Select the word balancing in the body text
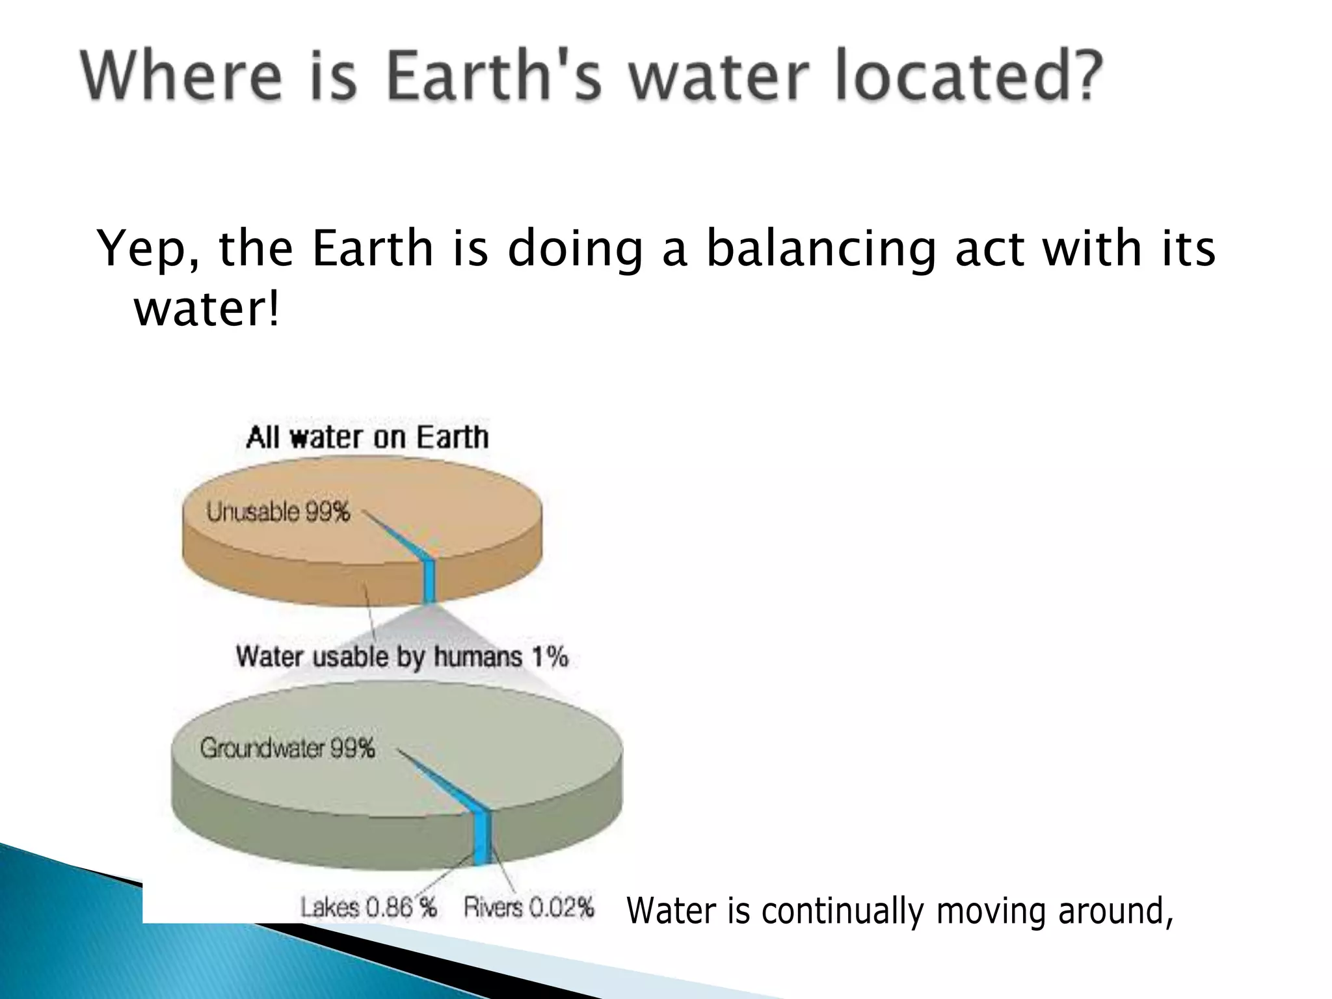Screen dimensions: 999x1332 coord(821,250)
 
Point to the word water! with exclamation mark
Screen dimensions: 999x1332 coord(207,309)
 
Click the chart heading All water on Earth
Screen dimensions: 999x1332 coord(367,437)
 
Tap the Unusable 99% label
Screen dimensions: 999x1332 coord(278,512)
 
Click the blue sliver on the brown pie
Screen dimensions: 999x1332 coord(428,579)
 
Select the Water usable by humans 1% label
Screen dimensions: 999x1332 coord(401,656)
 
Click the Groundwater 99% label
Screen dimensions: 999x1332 coord(287,748)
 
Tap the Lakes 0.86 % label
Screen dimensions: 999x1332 coord(368,907)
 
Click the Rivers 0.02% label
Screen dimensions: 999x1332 coord(529,907)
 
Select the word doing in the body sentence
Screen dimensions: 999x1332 coord(575,250)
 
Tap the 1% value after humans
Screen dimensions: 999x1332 coord(550,656)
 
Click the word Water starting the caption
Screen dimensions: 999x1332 coord(672,911)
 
